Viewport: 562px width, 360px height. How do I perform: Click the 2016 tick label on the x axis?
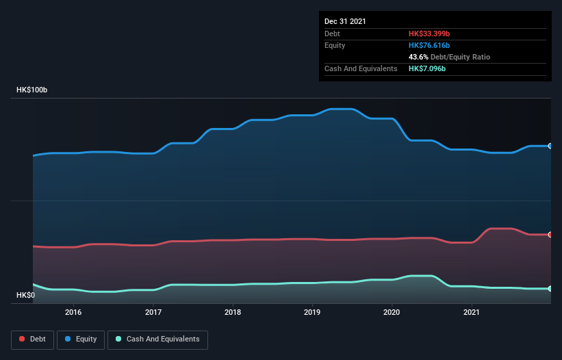pos(73,312)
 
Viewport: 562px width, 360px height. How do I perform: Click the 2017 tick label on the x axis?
pos(153,312)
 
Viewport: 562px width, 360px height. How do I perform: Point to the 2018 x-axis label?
pos(233,312)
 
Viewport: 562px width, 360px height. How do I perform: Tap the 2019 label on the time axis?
pos(312,312)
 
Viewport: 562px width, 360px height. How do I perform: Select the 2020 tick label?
pos(392,312)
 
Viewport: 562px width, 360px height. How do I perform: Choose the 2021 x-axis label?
pos(472,312)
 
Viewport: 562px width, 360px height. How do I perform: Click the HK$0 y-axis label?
pos(25,295)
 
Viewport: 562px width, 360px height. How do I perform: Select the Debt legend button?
pos(33,339)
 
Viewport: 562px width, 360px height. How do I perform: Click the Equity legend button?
pos(81,339)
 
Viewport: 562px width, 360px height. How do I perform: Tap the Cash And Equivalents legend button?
pos(157,339)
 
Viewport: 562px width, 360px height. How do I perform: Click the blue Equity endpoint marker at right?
pos(550,146)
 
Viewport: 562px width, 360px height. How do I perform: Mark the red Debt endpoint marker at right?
pos(550,235)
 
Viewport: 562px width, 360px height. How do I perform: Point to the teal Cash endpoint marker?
pos(550,289)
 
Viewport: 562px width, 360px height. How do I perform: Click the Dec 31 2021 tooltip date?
pos(345,21)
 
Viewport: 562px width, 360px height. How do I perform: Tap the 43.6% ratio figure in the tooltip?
pos(419,57)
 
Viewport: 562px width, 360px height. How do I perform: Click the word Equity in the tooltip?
pos(335,45)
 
